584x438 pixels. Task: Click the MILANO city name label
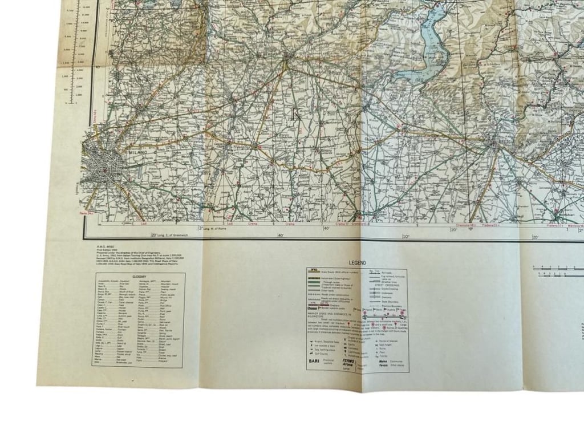138,153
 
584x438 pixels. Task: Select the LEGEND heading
358,263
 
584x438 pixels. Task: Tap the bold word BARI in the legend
315,362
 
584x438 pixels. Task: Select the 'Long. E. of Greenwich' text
169,236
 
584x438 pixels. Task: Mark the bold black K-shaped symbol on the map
296,113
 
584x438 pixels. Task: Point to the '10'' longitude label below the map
405,236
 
